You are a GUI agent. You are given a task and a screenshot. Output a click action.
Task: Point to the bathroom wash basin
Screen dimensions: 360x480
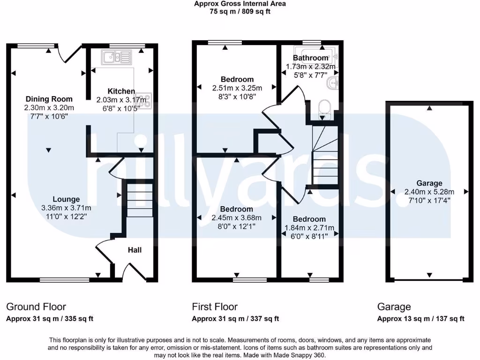[334, 84]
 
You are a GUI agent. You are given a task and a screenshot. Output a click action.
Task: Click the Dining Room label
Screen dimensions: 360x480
[49, 99]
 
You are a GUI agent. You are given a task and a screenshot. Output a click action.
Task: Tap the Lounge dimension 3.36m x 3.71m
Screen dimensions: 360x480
[66, 208]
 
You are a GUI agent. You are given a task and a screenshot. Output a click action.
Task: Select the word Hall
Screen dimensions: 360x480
[135, 250]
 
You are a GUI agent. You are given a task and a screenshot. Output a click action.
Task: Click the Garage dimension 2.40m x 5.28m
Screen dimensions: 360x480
[429, 192]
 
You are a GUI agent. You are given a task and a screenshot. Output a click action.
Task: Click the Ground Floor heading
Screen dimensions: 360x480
[36, 307]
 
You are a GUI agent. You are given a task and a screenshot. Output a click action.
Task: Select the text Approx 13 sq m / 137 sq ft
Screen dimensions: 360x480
[421, 319]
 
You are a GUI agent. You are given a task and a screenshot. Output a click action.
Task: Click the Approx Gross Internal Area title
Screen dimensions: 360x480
[240, 4]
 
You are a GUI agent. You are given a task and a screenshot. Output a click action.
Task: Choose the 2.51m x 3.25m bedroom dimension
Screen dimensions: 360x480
[237, 88]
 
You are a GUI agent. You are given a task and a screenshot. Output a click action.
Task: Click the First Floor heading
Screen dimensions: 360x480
[215, 307]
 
